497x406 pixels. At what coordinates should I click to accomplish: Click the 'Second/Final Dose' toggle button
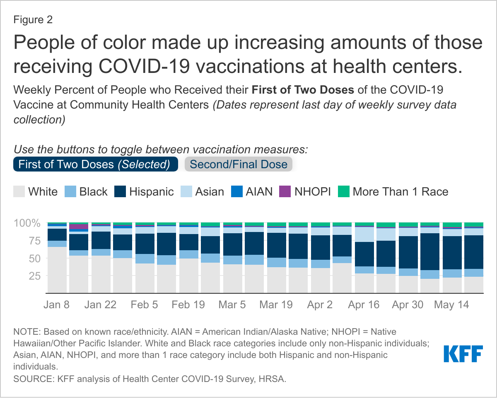point(239,164)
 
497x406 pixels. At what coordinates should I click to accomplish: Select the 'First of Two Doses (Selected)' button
point(96,164)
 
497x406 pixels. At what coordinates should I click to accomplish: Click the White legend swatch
point(19,192)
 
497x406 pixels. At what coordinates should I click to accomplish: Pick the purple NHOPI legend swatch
point(284,192)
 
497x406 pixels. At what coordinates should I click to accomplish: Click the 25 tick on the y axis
point(34,275)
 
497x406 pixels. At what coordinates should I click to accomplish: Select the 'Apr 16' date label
point(364,304)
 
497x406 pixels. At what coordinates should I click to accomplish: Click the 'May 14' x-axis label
point(451,304)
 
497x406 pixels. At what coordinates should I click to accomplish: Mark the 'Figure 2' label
point(33,19)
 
